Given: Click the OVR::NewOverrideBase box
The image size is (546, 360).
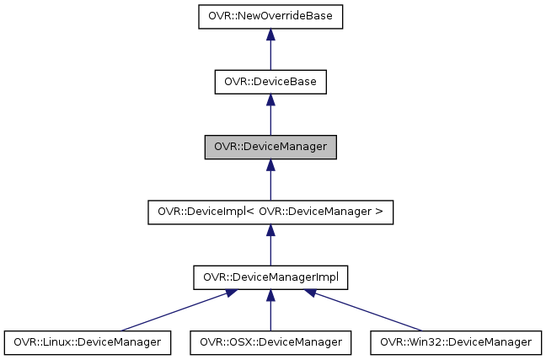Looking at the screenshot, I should (x=270, y=16).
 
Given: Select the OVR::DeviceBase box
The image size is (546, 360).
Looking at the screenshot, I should (x=270, y=82).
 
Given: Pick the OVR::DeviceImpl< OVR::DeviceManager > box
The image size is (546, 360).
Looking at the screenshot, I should (x=270, y=212).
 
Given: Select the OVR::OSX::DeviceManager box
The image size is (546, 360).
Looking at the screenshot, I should (x=270, y=342).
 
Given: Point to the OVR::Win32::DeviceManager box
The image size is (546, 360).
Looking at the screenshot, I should (x=456, y=342).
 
